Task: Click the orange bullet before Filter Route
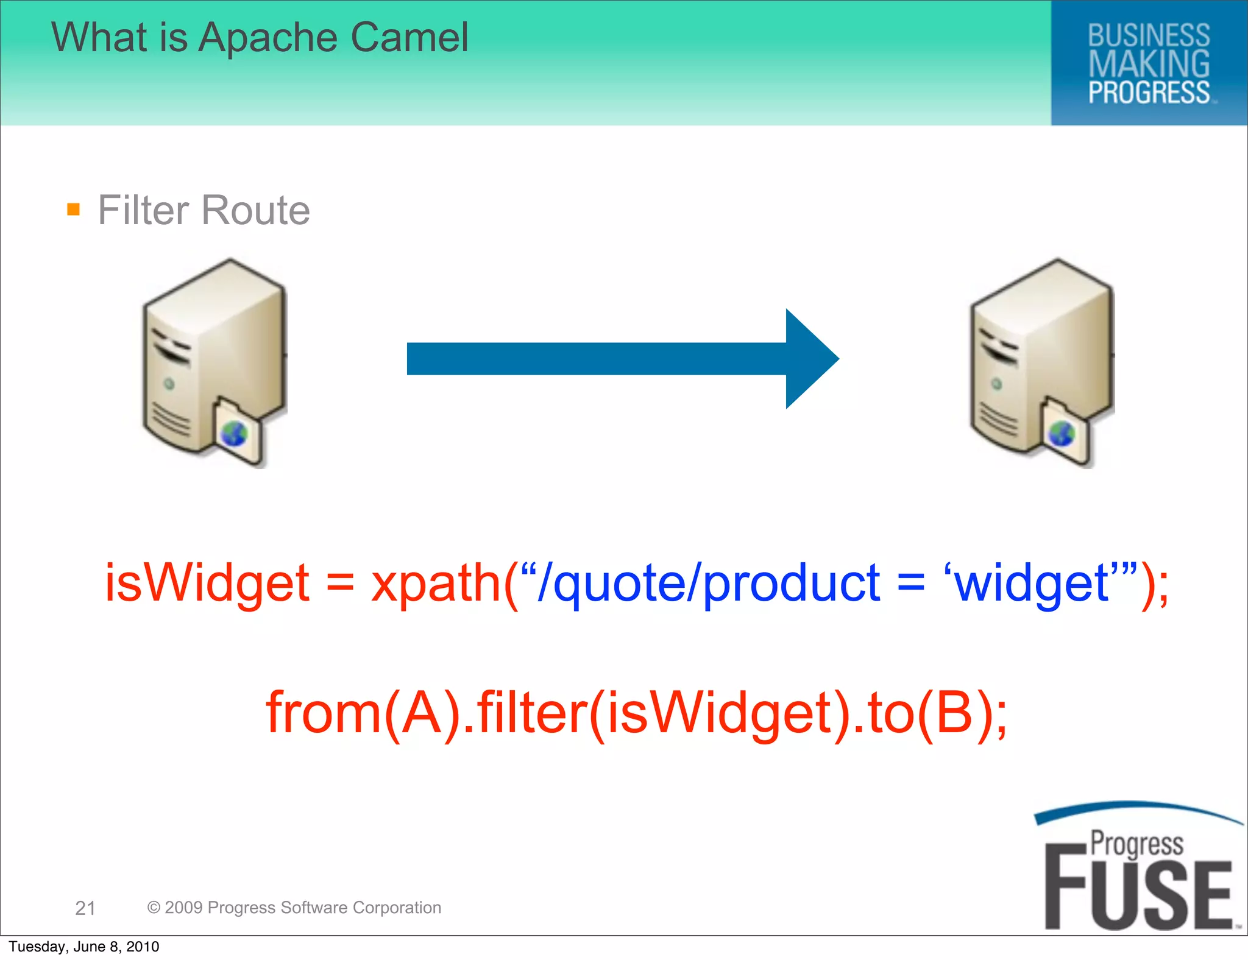(74, 210)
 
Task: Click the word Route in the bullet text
(255, 210)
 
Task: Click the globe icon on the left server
(234, 434)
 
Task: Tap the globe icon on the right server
(1062, 434)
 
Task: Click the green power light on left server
(169, 384)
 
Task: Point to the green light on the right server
(996, 384)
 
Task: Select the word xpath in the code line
(436, 584)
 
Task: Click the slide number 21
(85, 908)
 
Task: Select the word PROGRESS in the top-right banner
(1149, 93)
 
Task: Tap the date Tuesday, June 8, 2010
(84, 947)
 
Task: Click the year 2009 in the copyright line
(183, 908)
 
